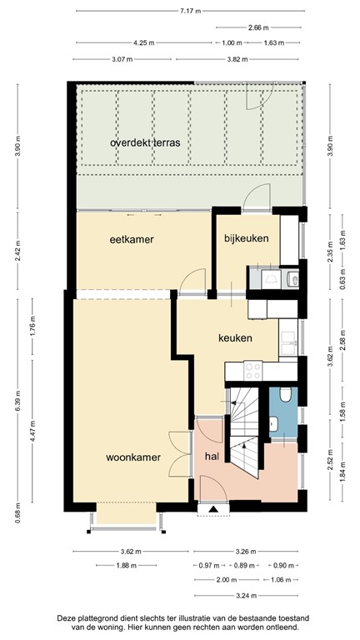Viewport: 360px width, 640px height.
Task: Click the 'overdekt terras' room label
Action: click(x=144, y=142)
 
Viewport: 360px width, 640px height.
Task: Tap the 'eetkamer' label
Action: click(x=132, y=239)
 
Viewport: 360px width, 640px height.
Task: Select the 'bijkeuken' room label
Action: click(x=247, y=239)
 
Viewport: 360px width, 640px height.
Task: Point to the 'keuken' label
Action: click(x=235, y=338)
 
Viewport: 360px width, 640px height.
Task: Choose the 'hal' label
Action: click(x=212, y=457)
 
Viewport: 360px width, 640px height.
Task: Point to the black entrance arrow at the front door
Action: click(x=213, y=507)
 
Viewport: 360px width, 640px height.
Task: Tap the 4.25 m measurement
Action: click(x=143, y=42)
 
